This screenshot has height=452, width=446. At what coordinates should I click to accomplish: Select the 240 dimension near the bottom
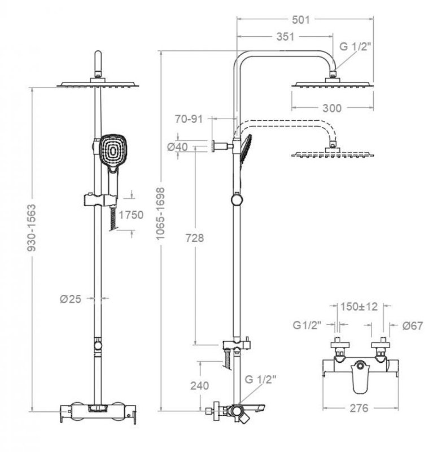(199, 386)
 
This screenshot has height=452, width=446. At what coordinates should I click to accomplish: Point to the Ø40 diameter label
(178, 147)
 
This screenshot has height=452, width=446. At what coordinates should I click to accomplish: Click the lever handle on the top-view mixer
(358, 379)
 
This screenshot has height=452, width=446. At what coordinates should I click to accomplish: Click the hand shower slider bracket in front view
(98, 199)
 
